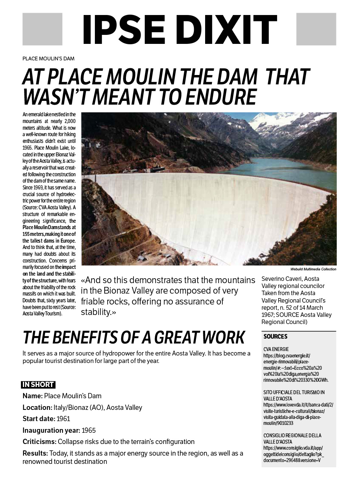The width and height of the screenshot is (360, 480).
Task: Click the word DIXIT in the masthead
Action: point(224,29)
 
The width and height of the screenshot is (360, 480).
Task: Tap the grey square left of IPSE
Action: point(42,29)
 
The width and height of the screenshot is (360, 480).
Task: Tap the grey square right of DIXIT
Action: point(316,29)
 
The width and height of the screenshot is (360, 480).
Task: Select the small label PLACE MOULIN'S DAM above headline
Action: point(48,58)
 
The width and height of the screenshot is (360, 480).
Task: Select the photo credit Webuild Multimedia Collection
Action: point(313,269)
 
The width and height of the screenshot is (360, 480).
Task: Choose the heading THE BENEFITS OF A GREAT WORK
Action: point(133,337)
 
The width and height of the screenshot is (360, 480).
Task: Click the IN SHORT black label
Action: point(38,385)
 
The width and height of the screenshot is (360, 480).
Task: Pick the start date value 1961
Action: point(63,419)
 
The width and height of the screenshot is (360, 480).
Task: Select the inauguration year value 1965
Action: point(88,430)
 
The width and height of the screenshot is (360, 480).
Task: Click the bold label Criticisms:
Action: point(39,441)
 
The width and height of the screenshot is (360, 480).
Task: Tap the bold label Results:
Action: point(35,453)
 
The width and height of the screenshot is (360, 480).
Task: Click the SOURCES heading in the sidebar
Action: point(275,336)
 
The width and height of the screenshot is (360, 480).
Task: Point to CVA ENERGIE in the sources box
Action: point(276,349)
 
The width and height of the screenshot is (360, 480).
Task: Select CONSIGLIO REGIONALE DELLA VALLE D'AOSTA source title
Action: point(292,438)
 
